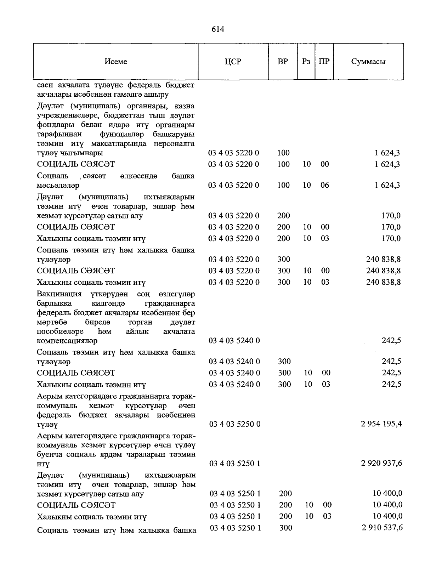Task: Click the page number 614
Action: pyautogui.click(x=218, y=29)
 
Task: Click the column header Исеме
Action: pyautogui.click(x=116, y=62)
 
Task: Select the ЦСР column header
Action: pyautogui.click(x=233, y=62)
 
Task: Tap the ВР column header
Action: pyautogui.click(x=283, y=62)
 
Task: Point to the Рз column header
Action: pyautogui.click(x=306, y=62)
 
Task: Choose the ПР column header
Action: pyautogui.click(x=324, y=62)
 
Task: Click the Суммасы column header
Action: pyautogui.click(x=368, y=62)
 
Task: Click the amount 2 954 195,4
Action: pyautogui.click(x=381, y=424)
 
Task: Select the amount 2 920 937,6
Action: pyautogui.click(x=381, y=463)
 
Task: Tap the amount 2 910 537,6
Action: pyautogui.click(x=382, y=528)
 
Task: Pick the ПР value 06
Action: pyautogui.click(x=324, y=185)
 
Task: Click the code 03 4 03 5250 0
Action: pyautogui.click(x=235, y=424)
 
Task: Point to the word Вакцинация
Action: pyautogui.click(x=59, y=294)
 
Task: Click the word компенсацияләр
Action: pyautogui.click(x=67, y=341)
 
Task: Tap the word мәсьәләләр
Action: pyautogui.click(x=58, y=185)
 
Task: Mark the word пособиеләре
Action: pyautogui.click(x=60, y=332)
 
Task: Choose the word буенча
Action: pyautogui.click(x=49, y=454)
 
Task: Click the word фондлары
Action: pyautogui.click(x=52, y=125)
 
